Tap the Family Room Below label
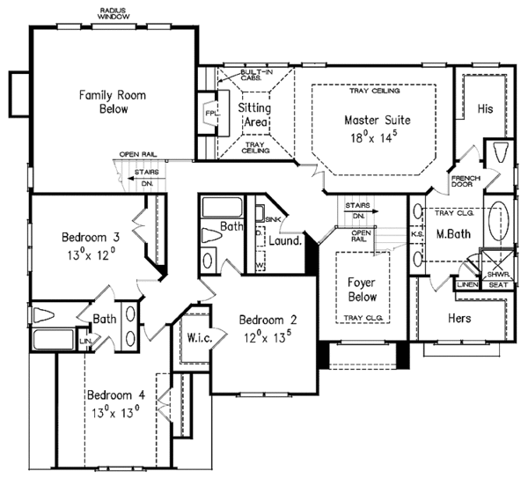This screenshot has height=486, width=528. point(114,101)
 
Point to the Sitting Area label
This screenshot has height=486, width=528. point(255,113)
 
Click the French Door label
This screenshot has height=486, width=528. point(465,182)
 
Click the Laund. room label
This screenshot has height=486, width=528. point(286,239)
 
